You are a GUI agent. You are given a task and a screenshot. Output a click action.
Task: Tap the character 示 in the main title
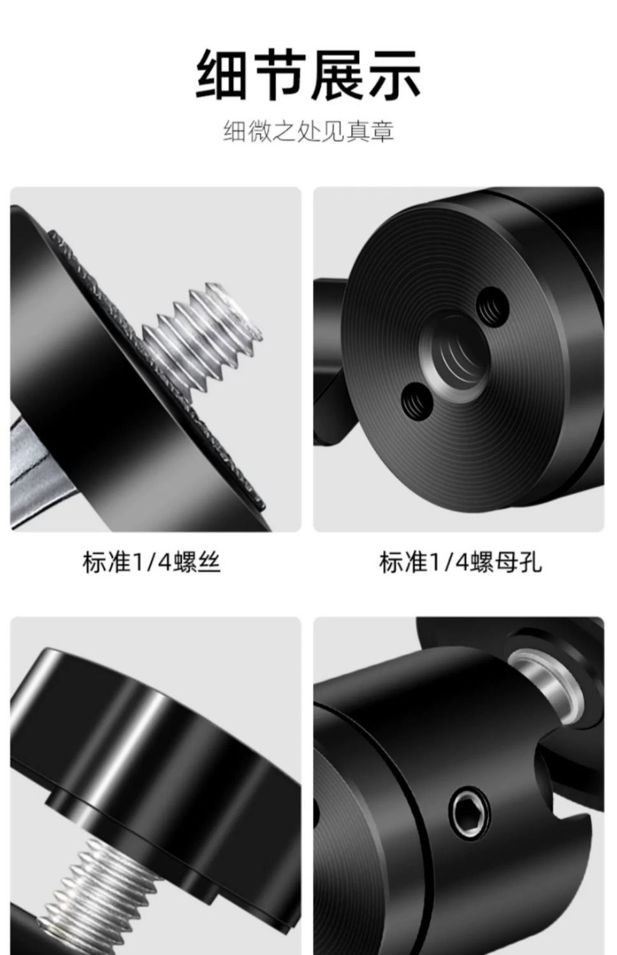[x=395, y=75]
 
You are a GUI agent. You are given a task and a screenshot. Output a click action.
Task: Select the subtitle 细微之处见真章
[x=308, y=131]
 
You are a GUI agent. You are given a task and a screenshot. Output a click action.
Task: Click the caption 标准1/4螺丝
[x=151, y=562]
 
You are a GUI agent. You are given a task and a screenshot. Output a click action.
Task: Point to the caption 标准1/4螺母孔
[x=460, y=562]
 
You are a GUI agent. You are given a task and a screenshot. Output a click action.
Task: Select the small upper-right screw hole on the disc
[x=493, y=307]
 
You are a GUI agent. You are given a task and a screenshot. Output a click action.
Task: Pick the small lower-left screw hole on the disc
[x=417, y=402]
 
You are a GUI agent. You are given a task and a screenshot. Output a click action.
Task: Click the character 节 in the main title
[x=280, y=75]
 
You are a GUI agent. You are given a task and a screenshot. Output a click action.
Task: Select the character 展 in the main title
[x=337, y=75]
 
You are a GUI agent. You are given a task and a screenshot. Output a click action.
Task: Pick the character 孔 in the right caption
[x=530, y=562]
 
